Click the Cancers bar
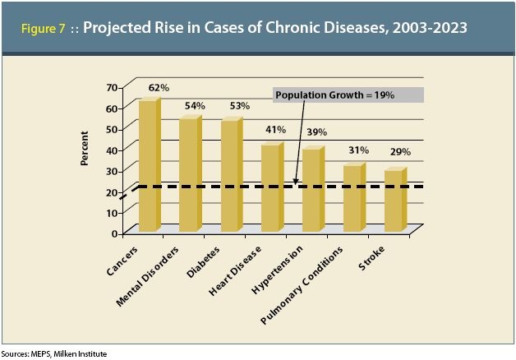(x=148, y=164)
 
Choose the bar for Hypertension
(x=312, y=190)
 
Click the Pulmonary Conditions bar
(x=353, y=198)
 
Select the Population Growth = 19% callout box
(x=348, y=95)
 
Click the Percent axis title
(x=85, y=148)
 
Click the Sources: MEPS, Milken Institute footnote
(x=53, y=353)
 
